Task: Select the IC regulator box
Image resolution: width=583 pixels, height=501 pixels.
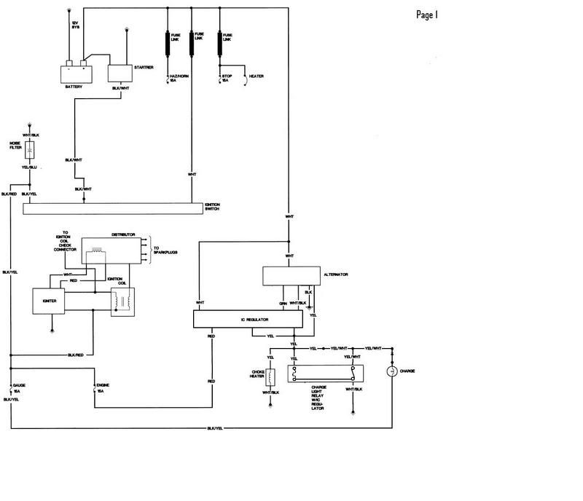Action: [x=247, y=319]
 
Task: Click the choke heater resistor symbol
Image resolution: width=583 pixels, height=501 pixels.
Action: [x=271, y=378]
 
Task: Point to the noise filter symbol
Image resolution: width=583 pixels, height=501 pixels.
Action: [x=30, y=151]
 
